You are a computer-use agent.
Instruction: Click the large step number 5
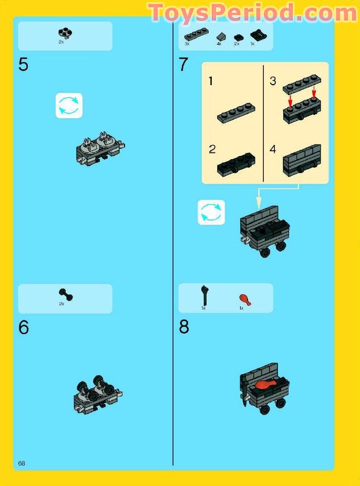pyautogui.click(x=24, y=65)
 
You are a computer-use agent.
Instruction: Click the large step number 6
pyautogui.click(x=24, y=327)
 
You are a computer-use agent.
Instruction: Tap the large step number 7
pyautogui.click(x=183, y=65)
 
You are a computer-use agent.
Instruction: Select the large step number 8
pyautogui.click(x=183, y=327)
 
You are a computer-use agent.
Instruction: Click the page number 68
pyautogui.click(x=22, y=463)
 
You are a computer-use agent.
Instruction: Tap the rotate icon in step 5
pyautogui.click(x=69, y=106)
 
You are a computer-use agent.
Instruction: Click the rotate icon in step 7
pyautogui.click(x=211, y=212)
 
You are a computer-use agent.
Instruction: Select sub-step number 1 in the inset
pyautogui.click(x=211, y=82)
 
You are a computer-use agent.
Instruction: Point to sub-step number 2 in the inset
pyautogui.click(x=212, y=149)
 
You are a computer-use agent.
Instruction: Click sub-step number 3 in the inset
pyautogui.click(x=273, y=81)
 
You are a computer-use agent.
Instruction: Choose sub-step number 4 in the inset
pyautogui.click(x=273, y=149)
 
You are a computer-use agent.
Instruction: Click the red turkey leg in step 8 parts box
pyautogui.click(x=245, y=299)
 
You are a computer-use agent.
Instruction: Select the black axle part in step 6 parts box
pyautogui.click(x=65, y=295)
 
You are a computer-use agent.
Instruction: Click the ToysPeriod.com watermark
pyautogui.click(x=253, y=13)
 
